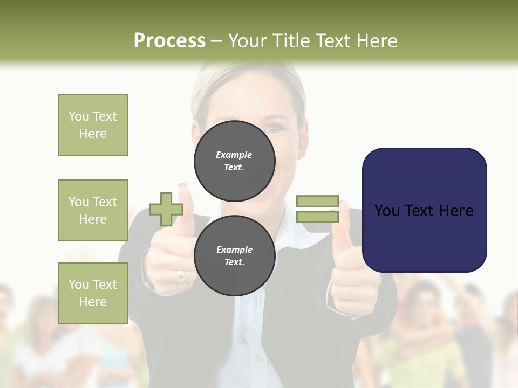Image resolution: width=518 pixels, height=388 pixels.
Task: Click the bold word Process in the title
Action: tap(169, 41)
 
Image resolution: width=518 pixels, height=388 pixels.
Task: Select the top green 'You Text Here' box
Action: tap(93, 125)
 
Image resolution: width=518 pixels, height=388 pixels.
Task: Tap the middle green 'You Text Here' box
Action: tap(93, 210)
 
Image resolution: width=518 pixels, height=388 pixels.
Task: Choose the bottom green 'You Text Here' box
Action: tap(93, 293)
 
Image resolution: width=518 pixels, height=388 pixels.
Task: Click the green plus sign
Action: tap(166, 209)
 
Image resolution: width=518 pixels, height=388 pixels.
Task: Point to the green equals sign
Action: tap(317, 209)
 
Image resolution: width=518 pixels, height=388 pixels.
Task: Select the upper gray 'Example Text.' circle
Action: tap(235, 161)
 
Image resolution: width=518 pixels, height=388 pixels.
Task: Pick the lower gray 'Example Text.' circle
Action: tap(235, 255)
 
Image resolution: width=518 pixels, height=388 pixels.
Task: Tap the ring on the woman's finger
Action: tap(182, 278)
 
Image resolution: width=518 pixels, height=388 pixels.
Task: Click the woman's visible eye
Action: tap(275, 128)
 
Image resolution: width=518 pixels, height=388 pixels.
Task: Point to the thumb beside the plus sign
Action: tap(185, 205)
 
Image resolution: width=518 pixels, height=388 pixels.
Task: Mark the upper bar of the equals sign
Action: tap(317, 201)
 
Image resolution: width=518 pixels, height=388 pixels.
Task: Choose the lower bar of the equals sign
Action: tap(317, 217)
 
